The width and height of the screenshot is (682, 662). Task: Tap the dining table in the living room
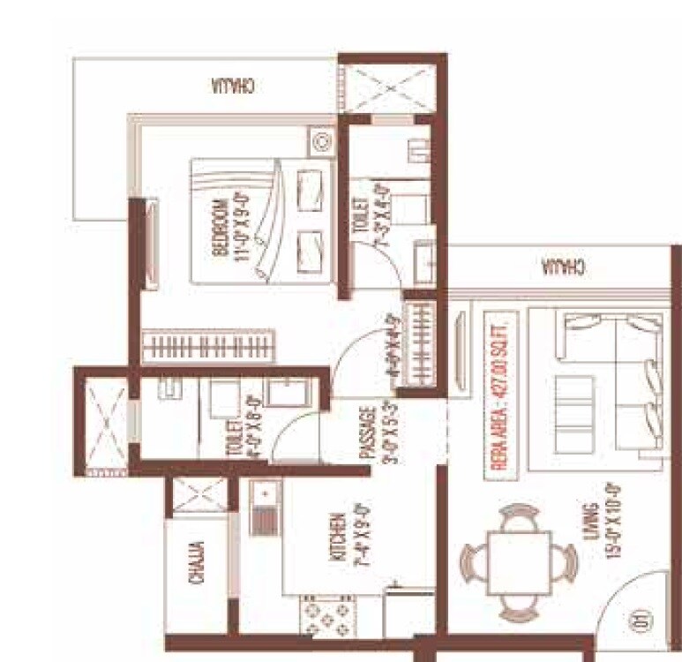point(519,563)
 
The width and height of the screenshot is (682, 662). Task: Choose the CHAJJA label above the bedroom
point(234,87)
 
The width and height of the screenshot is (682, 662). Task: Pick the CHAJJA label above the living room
point(561,266)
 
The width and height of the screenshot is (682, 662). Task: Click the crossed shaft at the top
point(391,87)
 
